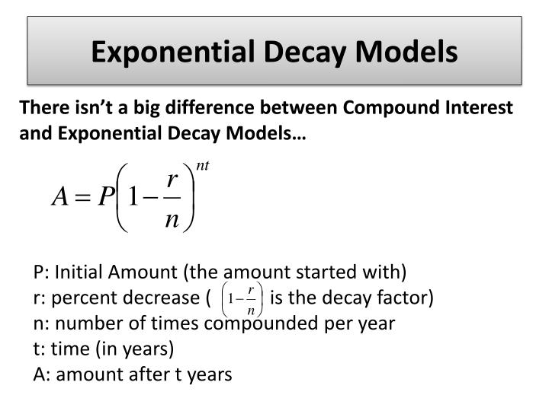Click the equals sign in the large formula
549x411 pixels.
click(82, 199)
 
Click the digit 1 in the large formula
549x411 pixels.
click(133, 198)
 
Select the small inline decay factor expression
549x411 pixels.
click(240, 298)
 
